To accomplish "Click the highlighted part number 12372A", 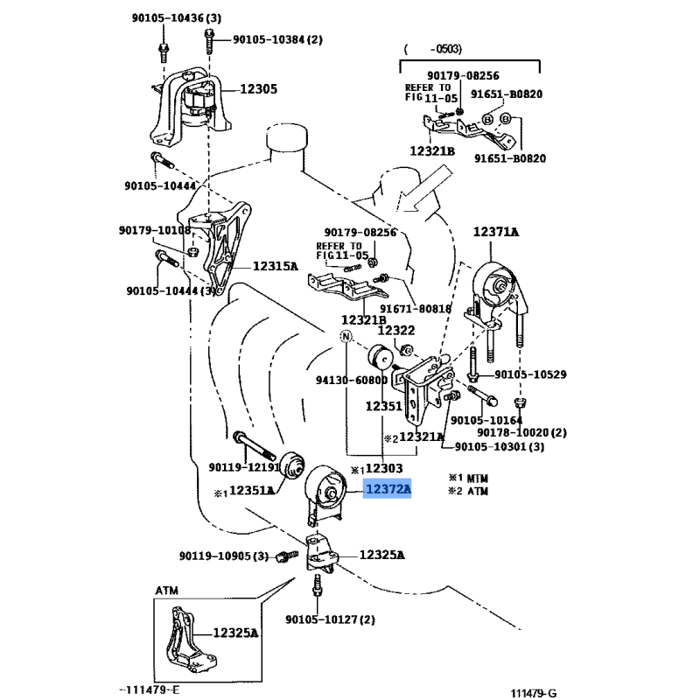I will [388, 491].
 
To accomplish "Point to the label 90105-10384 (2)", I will [277, 39].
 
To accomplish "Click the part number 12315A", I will [276, 266].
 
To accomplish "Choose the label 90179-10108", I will [154, 230].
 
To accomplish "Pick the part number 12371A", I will [496, 232].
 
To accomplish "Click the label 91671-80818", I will [416, 308].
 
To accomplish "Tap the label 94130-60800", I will [351, 381].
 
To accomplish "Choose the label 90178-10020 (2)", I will [522, 432].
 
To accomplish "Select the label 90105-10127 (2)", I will [330, 619].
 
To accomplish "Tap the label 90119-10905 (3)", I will [224, 556].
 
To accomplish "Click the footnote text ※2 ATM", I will [469, 492].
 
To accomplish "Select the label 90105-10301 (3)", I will [500, 447].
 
